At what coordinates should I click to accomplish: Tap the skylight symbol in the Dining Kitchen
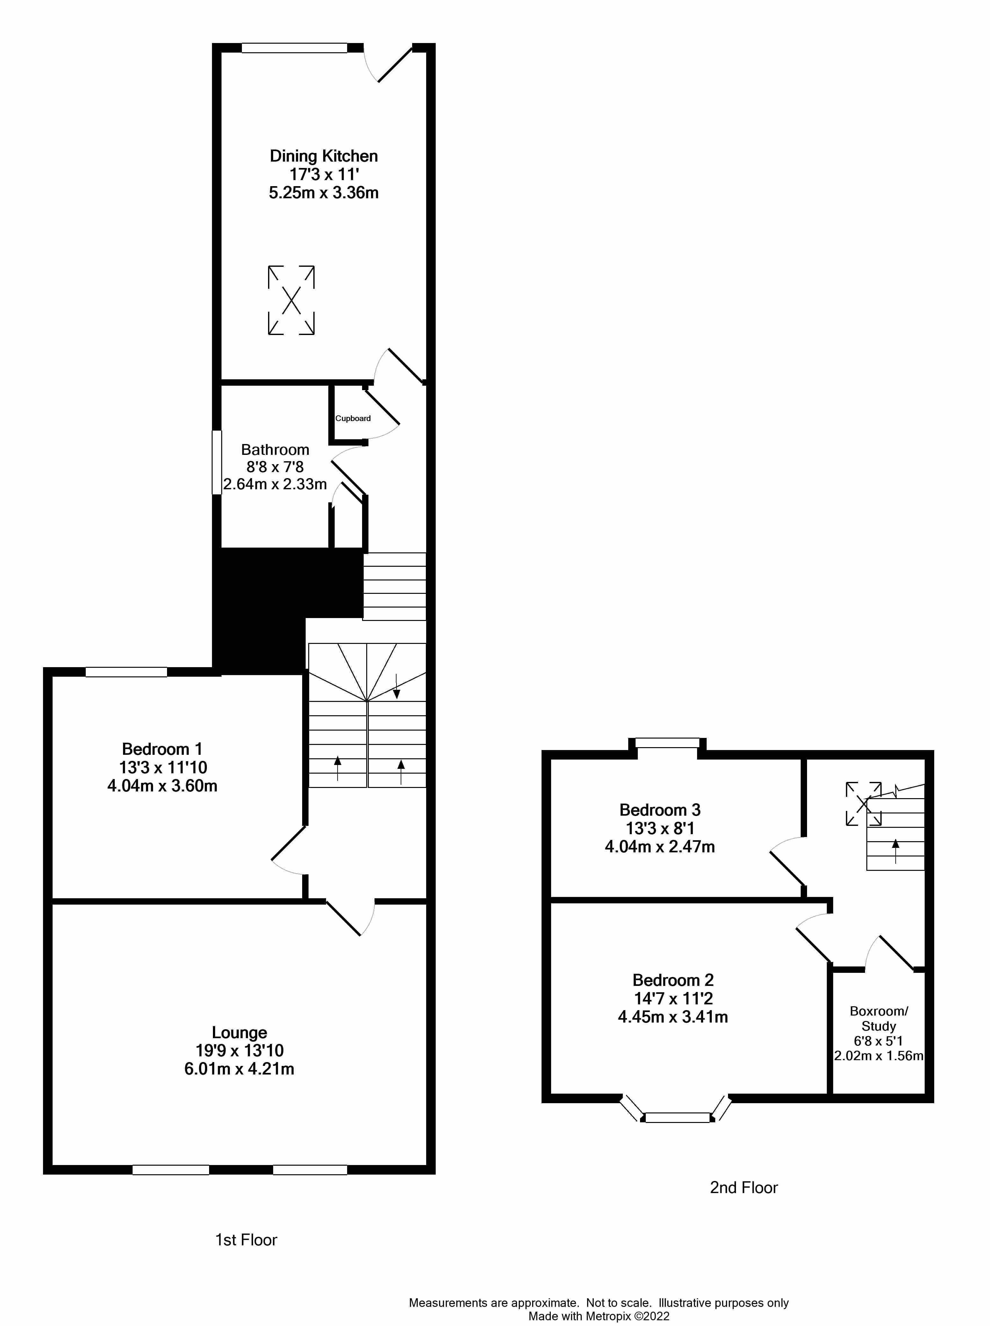click(291, 300)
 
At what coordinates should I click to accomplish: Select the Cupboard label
click(353, 418)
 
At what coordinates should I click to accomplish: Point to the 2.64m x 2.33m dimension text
click(275, 484)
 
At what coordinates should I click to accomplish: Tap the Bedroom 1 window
click(127, 672)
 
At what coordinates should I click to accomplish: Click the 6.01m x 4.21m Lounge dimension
click(239, 1069)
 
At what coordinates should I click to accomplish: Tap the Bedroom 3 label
click(660, 810)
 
